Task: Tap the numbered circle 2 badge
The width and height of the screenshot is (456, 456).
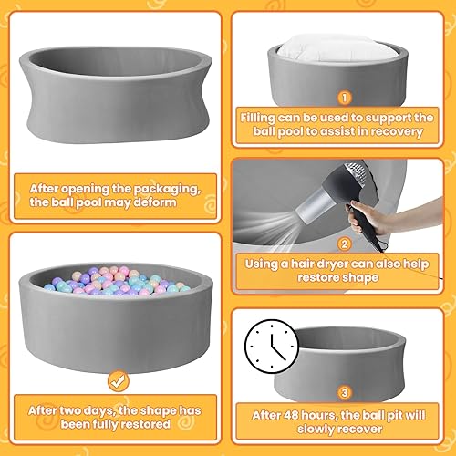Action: click(x=344, y=244)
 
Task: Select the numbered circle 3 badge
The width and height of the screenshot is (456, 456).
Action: click(x=343, y=394)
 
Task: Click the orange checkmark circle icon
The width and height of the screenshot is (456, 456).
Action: click(x=116, y=378)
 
